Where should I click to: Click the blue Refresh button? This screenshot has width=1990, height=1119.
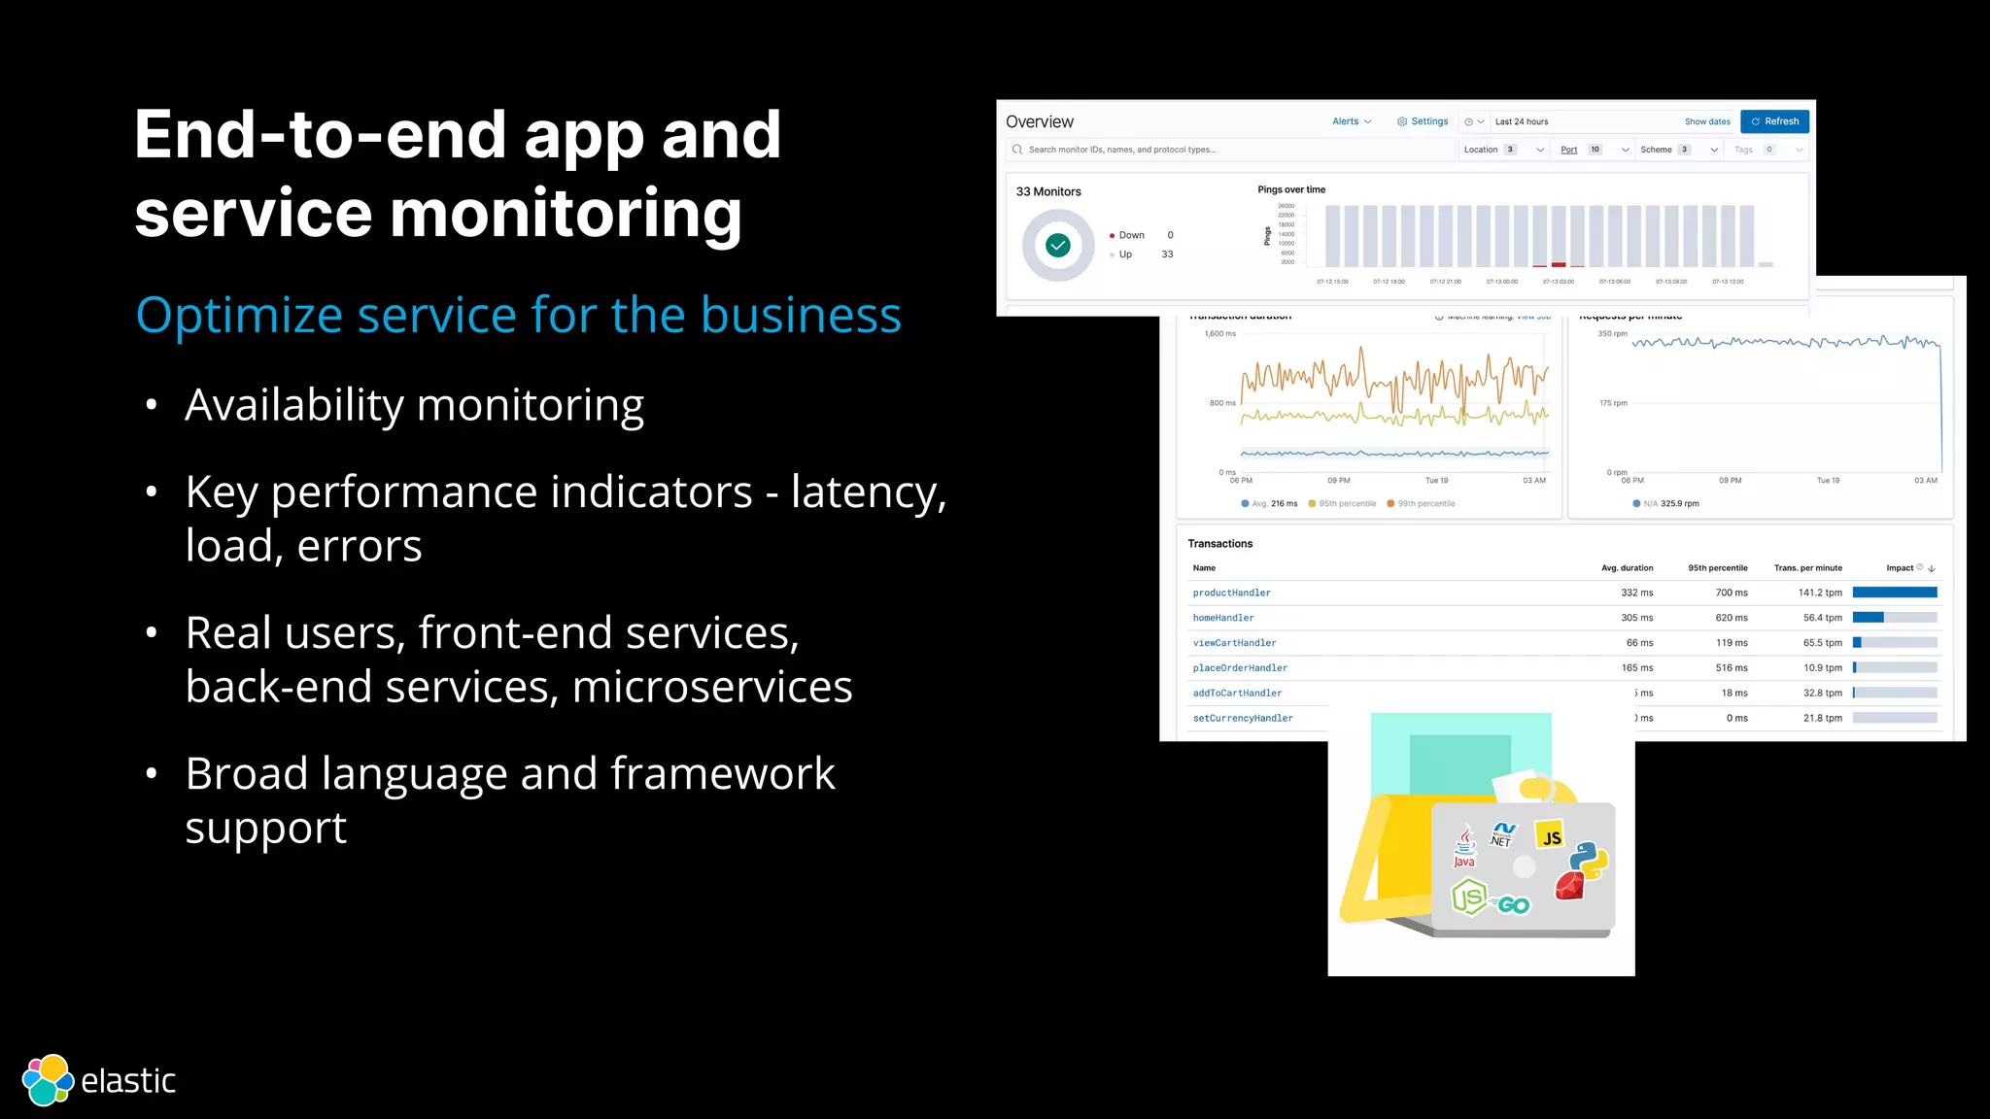[x=1774, y=121]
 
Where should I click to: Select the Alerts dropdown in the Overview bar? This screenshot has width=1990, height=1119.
[x=1352, y=121]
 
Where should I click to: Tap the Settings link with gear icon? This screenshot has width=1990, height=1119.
[x=1423, y=121]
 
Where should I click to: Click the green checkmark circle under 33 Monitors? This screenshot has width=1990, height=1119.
[x=1058, y=246]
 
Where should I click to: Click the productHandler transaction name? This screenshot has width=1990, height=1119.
[x=1231, y=593]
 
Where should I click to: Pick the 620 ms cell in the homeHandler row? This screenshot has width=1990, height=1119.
[x=1731, y=618]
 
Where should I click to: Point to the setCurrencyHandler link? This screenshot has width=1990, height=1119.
[x=1243, y=719]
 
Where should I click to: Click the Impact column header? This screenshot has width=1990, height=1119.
[x=1900, y=568]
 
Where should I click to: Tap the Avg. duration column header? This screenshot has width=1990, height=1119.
[x=1627, y=568]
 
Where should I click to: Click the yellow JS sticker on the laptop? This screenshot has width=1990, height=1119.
[x=1551, y=836]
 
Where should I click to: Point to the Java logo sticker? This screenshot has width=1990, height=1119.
[x=1464, y=846]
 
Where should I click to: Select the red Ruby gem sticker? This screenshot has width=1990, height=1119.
[x=1569, y=885]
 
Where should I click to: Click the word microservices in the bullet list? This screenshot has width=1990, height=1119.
[x=712, y=688]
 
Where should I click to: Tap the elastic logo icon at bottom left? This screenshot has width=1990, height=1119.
[x=48, y=1080]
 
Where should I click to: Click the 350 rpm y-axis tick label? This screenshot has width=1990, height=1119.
[x=1612, y=334]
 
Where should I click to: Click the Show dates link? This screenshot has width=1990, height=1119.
[x=1707, y=122]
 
